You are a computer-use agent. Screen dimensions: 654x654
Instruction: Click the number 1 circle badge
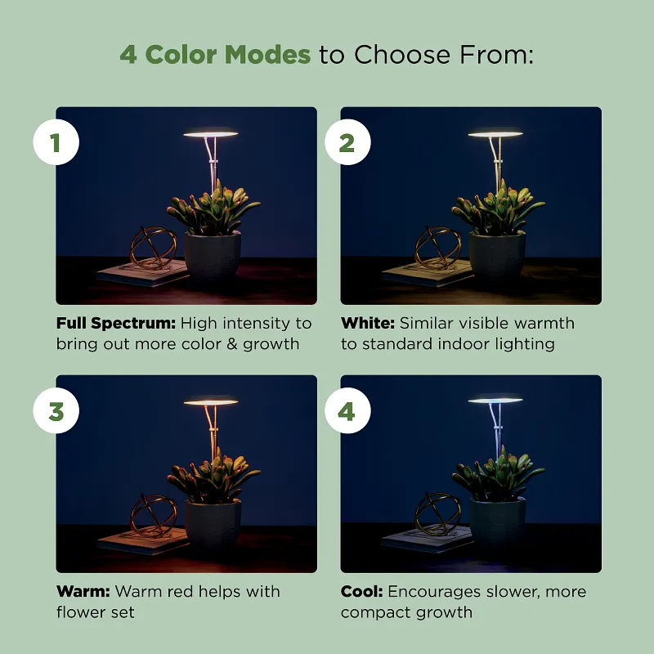pos(56,143)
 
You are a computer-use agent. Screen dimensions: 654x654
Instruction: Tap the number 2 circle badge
pos(347,143)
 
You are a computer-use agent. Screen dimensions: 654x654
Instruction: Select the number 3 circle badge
pos(56,411)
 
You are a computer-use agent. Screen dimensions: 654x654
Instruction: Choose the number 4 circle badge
pos(347,411)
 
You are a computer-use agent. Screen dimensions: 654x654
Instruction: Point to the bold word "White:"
pos(368,324)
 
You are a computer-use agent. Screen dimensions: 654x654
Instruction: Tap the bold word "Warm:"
pos(83,591)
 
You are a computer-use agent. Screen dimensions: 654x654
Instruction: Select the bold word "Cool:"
pos(362,591)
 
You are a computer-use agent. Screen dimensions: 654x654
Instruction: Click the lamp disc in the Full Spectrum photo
pos(210,133)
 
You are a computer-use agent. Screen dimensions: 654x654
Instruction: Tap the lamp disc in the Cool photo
pos(495,401)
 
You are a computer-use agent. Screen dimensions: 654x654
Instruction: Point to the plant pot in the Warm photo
pos(213,526)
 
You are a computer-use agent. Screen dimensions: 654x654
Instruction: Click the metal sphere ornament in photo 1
pos(153,248)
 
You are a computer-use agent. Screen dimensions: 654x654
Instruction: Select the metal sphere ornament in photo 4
pos(438,515)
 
